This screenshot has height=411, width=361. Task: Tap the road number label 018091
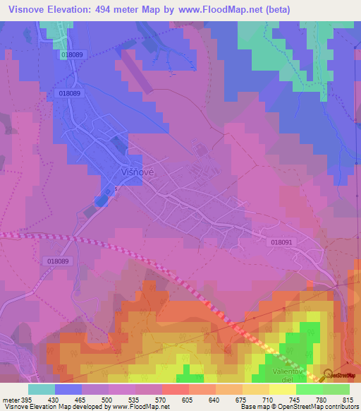click(x=281, y=242)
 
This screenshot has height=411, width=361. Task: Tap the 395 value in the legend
click(x=25, y=399)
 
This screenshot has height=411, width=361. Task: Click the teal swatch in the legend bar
click(x=41, y=389)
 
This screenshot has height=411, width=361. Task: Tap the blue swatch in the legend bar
click(x=68, y=389)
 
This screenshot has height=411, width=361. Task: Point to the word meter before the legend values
click(x=10, y=399)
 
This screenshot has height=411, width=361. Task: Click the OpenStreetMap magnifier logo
click(x=329, y=375)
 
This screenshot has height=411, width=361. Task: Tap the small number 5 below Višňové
click(x=116, y=189)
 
